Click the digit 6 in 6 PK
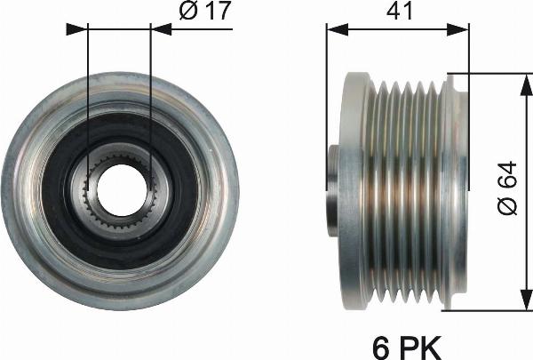pyautogui.click(x=379, y=344)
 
